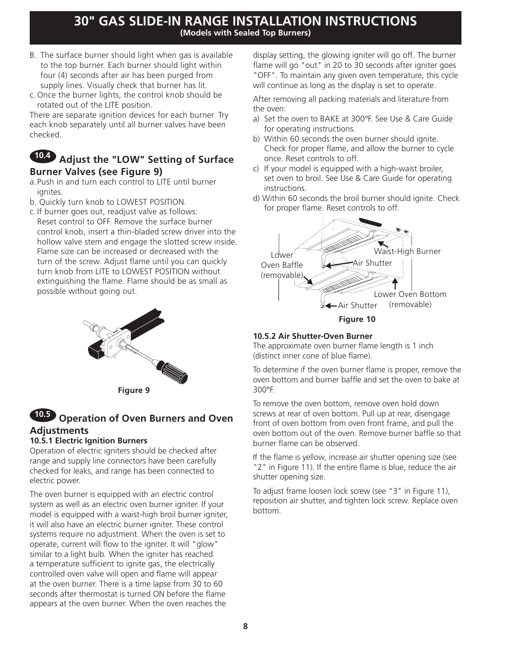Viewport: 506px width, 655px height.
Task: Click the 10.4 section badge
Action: coord(42,156)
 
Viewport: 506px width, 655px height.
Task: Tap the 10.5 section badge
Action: coord(42,415)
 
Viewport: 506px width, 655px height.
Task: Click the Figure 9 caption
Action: coord(134,390)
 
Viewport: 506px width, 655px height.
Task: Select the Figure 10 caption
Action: coord(356,319)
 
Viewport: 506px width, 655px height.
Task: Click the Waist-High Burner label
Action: coord(407,251)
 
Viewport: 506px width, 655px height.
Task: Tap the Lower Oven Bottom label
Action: coord(410,294)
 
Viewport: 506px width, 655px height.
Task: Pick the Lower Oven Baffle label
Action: coord(282,265)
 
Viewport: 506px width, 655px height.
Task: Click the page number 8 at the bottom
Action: coord(246,626)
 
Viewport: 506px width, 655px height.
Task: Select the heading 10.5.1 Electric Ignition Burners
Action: coord(89,440)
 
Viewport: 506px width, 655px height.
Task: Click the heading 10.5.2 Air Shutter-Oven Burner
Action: coord(312,336)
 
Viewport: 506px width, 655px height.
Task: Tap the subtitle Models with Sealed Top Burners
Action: coord(245,33)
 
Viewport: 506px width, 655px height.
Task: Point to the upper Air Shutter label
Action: coord(372,263)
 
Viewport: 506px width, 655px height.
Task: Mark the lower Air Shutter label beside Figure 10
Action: coord(357,305)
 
